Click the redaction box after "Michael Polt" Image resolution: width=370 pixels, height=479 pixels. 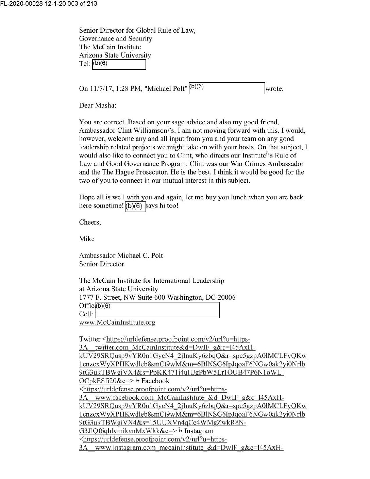(x=227, y=88)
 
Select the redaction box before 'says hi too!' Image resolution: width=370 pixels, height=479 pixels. (x=135, y=206)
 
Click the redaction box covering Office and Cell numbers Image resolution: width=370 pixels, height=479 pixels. (x=158, y=310)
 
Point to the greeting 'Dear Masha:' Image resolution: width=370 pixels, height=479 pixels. (x=98, y=105)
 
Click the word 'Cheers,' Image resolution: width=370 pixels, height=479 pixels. (x=90, y=222)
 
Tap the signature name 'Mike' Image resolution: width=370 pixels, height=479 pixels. (x=87, y=239)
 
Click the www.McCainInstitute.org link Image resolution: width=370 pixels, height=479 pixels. (x=117, y=323)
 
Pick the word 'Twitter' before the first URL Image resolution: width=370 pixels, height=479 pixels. (x=89, y=339)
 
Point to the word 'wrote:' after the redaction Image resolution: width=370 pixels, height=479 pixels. (x=274, y=89)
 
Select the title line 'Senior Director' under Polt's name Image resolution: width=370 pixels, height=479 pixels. (x=101, y=264)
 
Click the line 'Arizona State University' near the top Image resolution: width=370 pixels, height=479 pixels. (x=115, y=55)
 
